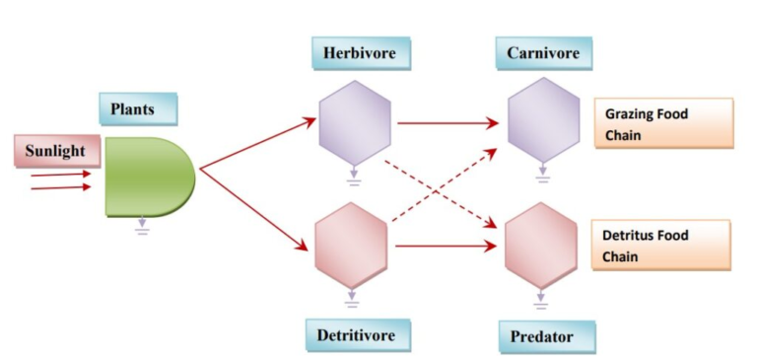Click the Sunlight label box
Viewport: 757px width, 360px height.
point(55,151)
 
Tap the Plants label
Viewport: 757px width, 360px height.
point(138,108)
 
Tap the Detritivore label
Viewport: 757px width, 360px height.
point(356,335)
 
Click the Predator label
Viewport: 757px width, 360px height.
point(541,336)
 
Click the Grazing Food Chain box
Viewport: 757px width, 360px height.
point(662,123)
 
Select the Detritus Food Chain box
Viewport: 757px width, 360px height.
point(662,246)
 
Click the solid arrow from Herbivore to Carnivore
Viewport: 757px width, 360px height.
point(446,124)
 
